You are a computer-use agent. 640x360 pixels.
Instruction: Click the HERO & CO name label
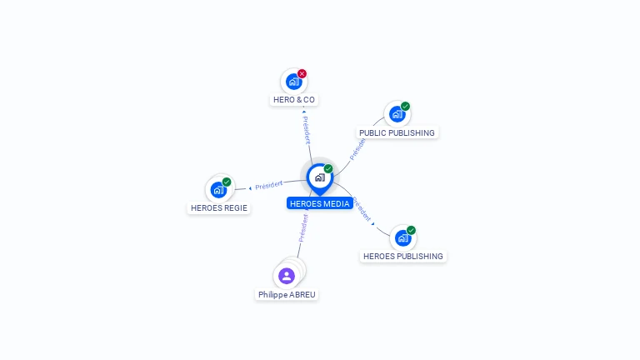tap(294, 100)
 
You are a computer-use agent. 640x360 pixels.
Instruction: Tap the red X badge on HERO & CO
tap(302, 74)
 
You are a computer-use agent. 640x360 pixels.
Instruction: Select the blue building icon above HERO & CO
tap(293, 82)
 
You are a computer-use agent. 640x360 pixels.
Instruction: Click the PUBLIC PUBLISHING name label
tap(397, 133)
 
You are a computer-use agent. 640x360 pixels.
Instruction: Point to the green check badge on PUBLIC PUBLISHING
tap(405, 107)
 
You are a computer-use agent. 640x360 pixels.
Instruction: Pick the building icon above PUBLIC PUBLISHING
tap(397, 114)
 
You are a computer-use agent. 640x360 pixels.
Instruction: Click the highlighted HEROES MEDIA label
tap(320, 203)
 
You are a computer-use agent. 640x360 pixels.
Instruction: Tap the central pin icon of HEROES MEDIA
tap(320, 179)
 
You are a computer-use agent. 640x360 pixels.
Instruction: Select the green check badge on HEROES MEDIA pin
tap(328, 169)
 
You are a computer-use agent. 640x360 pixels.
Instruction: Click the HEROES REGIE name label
tap(219, 208)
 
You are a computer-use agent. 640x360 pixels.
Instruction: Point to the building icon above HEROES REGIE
tap(218, 190)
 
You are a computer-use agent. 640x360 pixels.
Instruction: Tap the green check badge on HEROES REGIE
tap(227, 182)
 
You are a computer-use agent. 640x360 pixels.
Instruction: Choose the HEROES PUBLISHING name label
tap(402, 257)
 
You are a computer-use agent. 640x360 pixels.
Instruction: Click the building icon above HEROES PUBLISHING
tap(402, 238)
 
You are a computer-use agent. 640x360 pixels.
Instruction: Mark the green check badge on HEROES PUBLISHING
tap(411, 231)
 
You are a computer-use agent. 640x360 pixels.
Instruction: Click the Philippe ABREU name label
tap(287, 295)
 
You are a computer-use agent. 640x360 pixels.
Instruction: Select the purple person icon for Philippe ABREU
tap(287, 276)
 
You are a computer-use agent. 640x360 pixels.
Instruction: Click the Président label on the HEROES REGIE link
tap(268, 185)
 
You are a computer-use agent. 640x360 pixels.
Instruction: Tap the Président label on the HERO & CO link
tap(307, 130)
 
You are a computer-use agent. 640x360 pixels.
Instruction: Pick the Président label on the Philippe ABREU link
tap(303, 228)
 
